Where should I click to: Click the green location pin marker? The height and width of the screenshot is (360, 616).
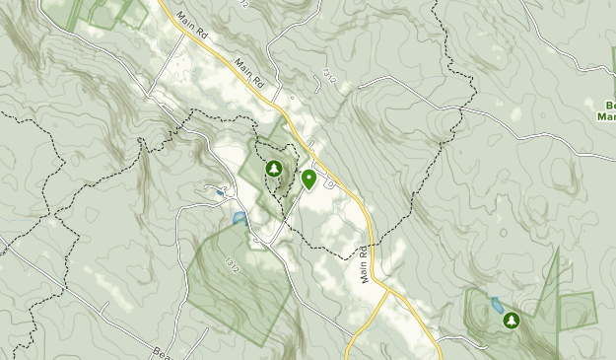[x=308, y=179]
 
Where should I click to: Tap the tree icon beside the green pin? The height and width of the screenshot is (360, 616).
[x=272, y=169]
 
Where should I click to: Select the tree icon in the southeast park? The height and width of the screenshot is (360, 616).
[x=512, y=320]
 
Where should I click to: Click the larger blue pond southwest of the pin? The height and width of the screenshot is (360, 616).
[x=239, y=218]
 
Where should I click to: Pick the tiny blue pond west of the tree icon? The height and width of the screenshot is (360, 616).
[x=219, y=193]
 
